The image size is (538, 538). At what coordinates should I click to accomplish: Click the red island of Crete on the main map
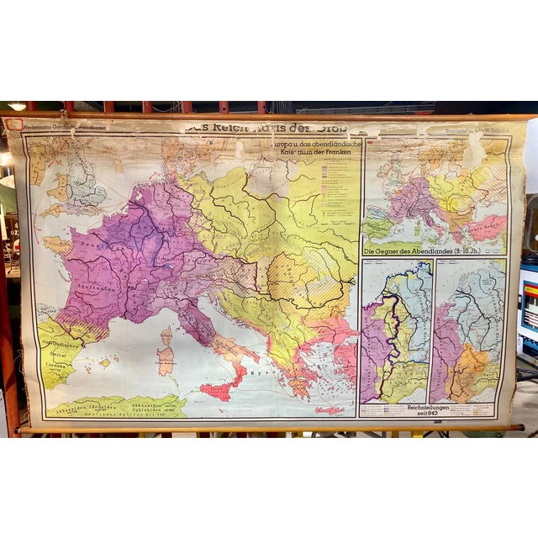(330, 410)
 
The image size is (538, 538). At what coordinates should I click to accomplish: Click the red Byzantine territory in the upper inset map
(486, 227)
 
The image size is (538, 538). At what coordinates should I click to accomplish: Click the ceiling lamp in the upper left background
(17, 107)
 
